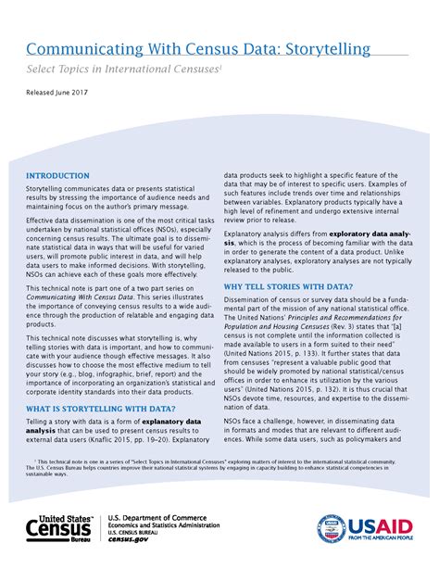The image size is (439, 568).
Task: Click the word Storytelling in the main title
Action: [x=316, y=47]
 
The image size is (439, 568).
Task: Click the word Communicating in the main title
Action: [x=82, y=47]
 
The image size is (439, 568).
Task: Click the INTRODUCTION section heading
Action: [x=57, y=175]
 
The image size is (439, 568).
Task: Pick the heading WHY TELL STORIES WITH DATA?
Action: [x=286, y=286]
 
